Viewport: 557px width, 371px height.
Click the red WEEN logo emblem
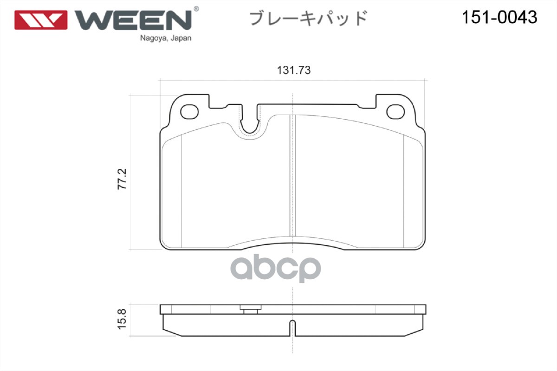click(41, 20)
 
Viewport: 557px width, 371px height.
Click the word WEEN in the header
click(133, 19)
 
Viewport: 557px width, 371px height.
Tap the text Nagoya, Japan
click(166, 39)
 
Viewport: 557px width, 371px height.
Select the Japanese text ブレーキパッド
click(309, 19)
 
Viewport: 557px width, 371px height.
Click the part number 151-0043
click(499, 18)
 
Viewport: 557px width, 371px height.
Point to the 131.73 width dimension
click(293, 70)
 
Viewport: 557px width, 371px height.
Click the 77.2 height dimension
click(123, 179)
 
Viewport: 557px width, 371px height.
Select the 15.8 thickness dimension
click(123, 320)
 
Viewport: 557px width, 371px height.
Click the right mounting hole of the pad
click(396, 111)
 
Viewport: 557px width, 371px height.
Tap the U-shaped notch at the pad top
click(251, 123)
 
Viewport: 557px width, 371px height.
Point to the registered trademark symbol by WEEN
click(196, 9)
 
